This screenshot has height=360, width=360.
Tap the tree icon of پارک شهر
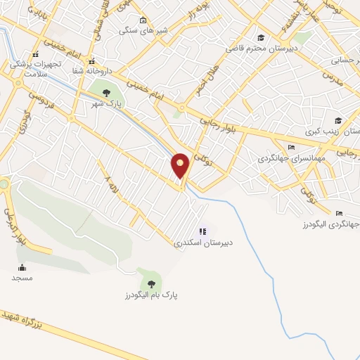click(106, 93)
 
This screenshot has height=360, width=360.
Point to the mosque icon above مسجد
click(22, 267)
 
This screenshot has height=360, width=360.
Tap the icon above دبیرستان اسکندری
click(203, 231)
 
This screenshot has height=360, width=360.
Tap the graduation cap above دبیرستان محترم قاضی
click(261, 38)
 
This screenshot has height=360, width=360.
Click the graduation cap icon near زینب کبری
click(337, 120)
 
